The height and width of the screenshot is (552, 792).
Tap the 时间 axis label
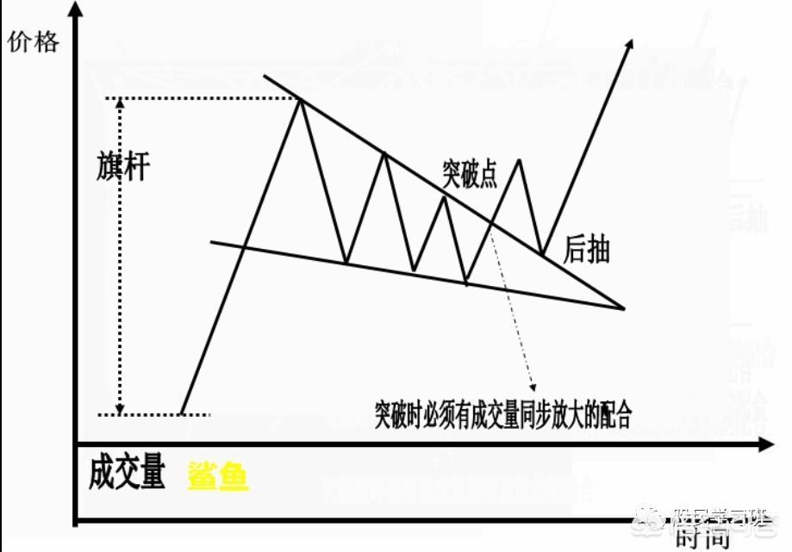coord(702,537)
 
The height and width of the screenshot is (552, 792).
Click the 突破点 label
coord(470,175)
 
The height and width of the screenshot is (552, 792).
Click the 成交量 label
coord(127,474)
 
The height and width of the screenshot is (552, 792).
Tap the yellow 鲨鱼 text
coord(218,475)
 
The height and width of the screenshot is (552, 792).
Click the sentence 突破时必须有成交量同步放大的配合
coord(504,415)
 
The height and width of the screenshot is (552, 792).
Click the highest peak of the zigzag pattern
coord(301,101)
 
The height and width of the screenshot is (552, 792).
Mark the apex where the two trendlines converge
coord(623,307)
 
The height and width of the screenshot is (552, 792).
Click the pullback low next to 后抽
coord(543,254)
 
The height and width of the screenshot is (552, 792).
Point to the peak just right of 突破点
coord(519,160)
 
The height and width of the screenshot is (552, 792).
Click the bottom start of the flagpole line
coord(182,413)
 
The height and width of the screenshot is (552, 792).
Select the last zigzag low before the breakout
coord(466,282)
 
